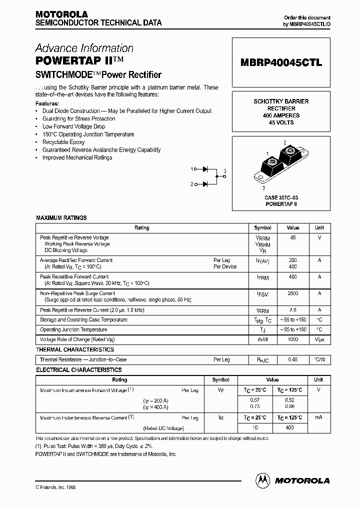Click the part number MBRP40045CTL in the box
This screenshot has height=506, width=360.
(281, 63)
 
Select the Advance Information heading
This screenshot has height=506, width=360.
(84, 48)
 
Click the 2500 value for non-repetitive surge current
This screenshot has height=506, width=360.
(293, 293)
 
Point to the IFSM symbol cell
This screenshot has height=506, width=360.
(262, 295)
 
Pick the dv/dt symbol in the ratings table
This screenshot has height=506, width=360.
(262, 339)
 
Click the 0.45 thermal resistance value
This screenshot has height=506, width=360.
(293, 359)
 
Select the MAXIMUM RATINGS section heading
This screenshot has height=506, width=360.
(61, 218)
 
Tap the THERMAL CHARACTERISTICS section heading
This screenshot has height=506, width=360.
(75, 349)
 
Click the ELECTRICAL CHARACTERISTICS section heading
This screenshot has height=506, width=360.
(78, 370)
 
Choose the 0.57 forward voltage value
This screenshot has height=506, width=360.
(255, 400)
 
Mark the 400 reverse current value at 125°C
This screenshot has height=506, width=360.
(290, 427)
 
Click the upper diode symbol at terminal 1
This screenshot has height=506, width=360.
(205, 169)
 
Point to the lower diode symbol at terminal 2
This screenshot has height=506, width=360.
(205, 184)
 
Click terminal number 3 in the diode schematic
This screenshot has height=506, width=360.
(225, 171)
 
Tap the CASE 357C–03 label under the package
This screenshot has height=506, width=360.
(281, 198)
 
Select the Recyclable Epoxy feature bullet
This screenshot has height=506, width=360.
(63, 142)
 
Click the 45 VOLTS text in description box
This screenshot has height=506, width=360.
(281, 122)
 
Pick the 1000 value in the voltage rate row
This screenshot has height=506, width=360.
(293, 339)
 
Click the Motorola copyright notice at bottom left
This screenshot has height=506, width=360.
(55, 486)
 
